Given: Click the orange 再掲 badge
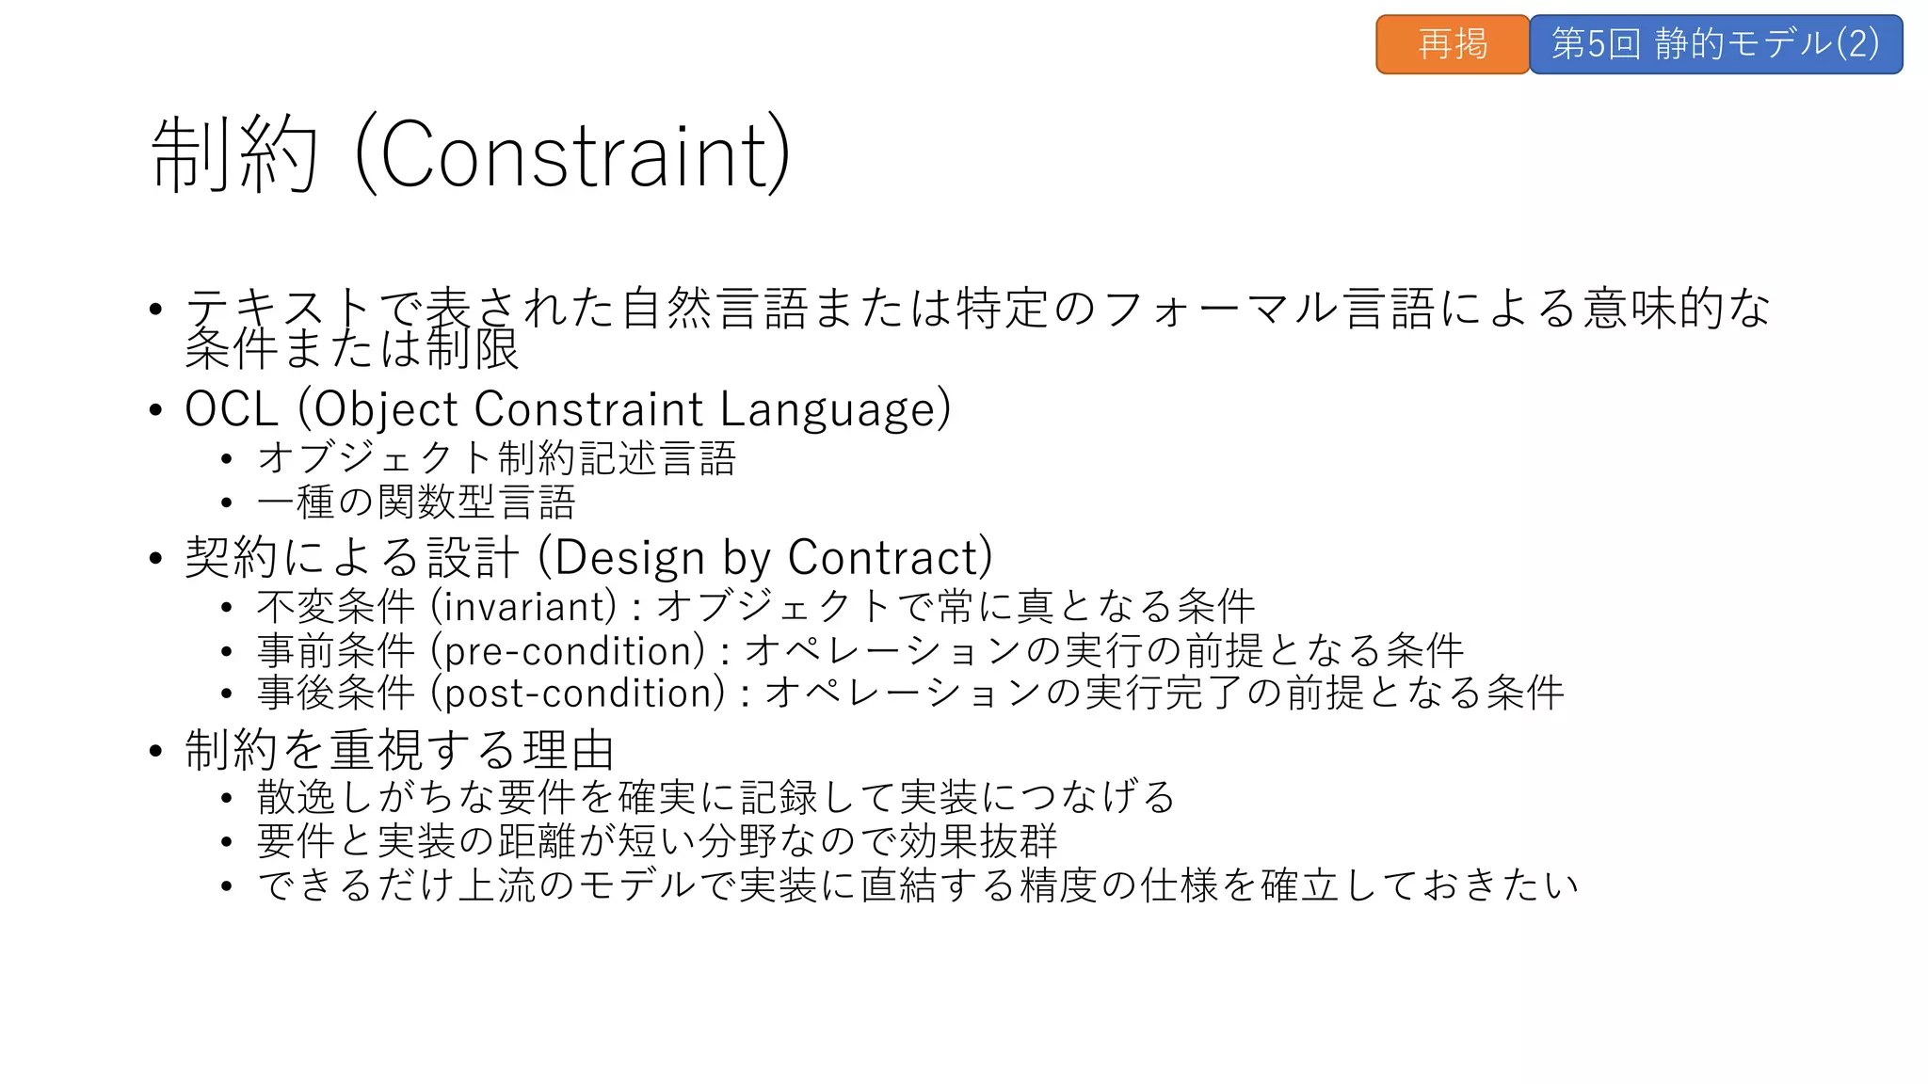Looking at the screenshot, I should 1452,44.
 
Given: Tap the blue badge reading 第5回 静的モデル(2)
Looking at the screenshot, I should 1715,44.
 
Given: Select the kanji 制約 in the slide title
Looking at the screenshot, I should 234,155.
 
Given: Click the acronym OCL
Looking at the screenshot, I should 232,409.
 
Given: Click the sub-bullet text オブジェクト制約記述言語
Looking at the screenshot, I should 496,458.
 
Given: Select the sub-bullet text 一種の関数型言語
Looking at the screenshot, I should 416,502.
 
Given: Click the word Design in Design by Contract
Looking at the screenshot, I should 629,557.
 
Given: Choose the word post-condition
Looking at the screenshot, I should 579,693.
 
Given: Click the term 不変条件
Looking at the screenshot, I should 335,606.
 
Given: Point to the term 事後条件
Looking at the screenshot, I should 335,693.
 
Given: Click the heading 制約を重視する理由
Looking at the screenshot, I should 400,750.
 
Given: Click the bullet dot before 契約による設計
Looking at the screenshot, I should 156,558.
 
